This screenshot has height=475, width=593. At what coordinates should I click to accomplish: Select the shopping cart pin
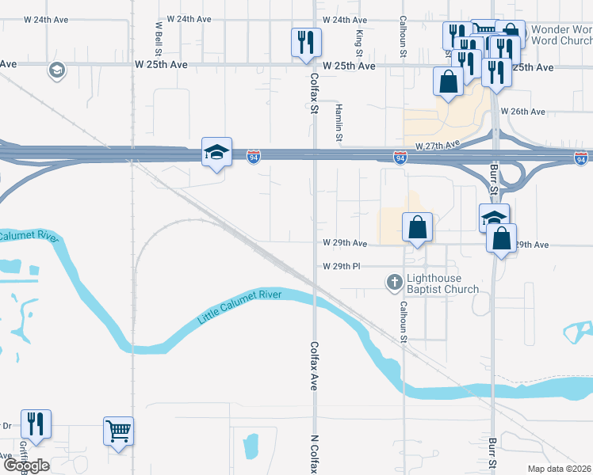[118, 431]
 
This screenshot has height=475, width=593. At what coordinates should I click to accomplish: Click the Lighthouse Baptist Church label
[442, 283]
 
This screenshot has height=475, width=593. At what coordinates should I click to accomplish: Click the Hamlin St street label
[339, 123]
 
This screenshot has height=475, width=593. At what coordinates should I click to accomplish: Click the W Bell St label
[159, 36]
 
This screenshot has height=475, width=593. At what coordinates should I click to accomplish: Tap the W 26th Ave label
[524, 112]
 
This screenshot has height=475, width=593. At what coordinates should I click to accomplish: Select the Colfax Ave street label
[314, 366]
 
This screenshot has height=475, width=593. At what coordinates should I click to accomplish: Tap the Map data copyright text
[560, 469]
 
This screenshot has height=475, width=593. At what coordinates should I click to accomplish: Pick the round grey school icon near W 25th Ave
[56, 71]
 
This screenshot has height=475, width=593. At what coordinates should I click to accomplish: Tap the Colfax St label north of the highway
[314, 93]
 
